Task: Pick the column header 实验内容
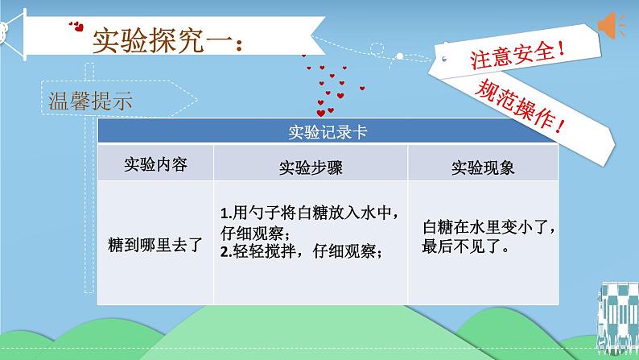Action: pos(155,164)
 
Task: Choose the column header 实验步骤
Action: pos(311,168)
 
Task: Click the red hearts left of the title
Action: pos(76,27)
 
